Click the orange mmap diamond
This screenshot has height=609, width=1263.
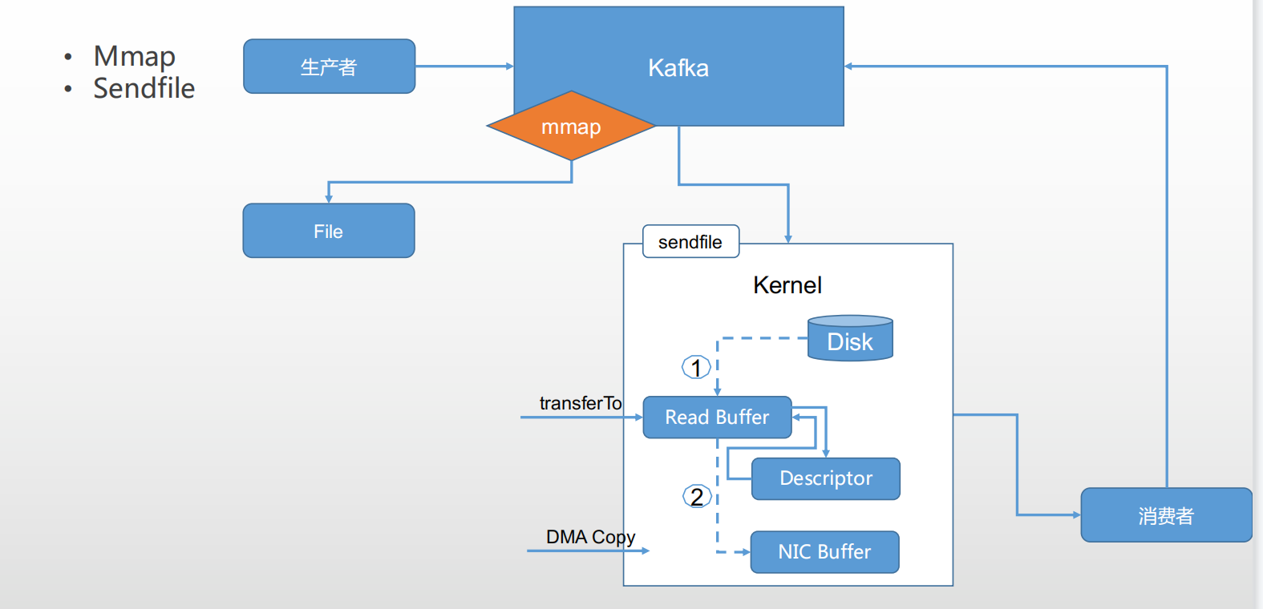pyautogui.click(x=571, y=126)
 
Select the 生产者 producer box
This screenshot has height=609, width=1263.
pyautogui.click(x=329, y=67)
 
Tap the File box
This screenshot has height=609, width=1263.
pyautogui.click(x=329, y=231)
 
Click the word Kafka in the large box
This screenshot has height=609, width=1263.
pyautogui.click(x=678, y=67)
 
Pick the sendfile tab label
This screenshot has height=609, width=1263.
pyautogui.click(x=690, y=242)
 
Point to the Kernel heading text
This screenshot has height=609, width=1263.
pyautogui.click(x=787, y=285)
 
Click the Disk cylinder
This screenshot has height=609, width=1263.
pyautogui.click(x=850, y=339)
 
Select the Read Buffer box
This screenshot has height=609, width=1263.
pyautogui.click(x=717, y=417)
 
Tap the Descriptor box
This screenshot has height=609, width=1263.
pyautogui.click(x=825, y=478)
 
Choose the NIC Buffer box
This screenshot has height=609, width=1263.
pyautogui.click(x=824, y=552)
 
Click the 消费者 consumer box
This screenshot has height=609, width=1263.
pyautogui.click(x=1166, y=515)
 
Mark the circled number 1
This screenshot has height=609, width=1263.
pyautogui.click(x=696, y=368)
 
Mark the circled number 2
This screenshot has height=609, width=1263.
pyautogui.click(x=696, y=497)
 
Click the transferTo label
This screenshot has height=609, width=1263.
pyautogui.click(x=581, y=403)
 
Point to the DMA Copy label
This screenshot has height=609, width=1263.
pyautogui.click(x=590, y=537)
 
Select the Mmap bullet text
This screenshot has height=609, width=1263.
pyautogui.click(x=134, y=56)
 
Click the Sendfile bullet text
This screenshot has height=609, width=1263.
pyautogui.click(x=144, y=88)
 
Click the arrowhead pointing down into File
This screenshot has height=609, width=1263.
pyautogui.click(x=329, y=198)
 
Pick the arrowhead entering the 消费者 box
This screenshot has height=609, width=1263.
pyautogui.click(x=1076, y=514)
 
